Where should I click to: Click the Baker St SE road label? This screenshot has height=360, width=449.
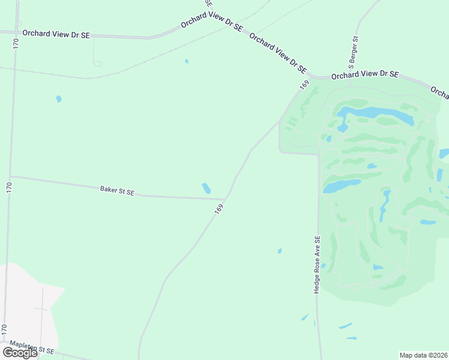pos(117,191)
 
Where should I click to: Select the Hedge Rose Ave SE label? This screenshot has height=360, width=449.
pos(318,264)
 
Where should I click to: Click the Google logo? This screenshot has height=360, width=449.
pos(20,353)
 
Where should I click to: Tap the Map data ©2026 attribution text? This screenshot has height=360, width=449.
pos(424,355)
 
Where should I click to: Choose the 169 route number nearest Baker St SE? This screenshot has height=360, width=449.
pos(219,209)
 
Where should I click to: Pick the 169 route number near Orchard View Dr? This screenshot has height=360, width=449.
pos(304,85)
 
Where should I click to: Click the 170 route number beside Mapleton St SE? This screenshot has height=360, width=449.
pos(4,329)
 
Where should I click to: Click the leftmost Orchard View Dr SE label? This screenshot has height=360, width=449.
pos(55,35)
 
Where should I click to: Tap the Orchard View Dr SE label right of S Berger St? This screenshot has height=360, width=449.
pos(365,74)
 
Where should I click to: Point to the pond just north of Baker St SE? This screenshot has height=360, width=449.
pos(206,188)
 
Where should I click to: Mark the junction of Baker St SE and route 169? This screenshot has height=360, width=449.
pos(225,199)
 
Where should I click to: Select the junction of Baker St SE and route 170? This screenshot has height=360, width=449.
pos(10,176)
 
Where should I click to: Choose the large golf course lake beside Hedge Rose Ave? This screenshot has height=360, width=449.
pos(341,186)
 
